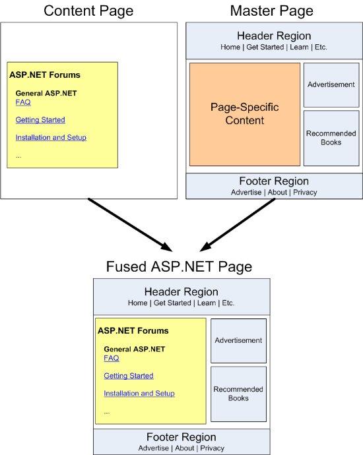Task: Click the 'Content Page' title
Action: (88, 11)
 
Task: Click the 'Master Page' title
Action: (271, 11)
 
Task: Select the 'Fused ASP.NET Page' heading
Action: (179, 266)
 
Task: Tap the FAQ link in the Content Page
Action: (23, 102)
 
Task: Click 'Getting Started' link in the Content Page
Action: (40, 120)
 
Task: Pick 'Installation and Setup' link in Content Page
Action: (51, 137)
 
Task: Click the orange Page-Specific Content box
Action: (245, 114)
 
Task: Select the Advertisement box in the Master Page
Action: (331, 85)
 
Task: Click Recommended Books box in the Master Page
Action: (331, 137)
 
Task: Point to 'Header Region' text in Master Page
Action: (274, 36)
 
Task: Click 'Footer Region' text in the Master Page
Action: (274, 181)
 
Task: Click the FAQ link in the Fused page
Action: (112, 358)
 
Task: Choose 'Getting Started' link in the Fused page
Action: (128, 376)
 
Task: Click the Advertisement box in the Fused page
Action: (238, 340)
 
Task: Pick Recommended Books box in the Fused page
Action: (238, 393)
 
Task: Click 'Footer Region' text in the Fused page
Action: (181, 437)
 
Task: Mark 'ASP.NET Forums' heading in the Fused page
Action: (133, 330)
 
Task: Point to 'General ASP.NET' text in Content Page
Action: (46, 93)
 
